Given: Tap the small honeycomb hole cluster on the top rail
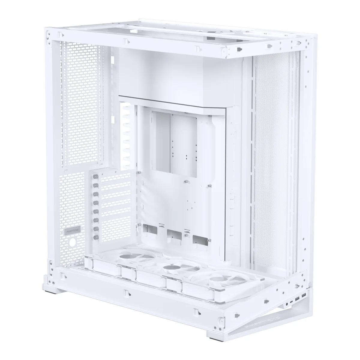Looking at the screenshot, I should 269,46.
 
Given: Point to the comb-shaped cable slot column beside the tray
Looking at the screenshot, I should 125,136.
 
